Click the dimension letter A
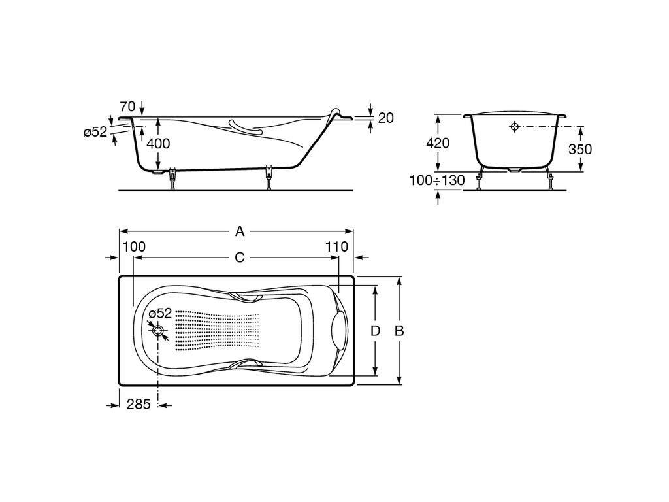click(x=240, y=231)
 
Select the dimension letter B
click(x=399, y=331)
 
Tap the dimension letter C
click(x=240, y=258)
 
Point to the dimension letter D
click(x=375, y=331)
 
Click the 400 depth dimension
click(x=158, y=143)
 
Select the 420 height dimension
click(x=438, y=142)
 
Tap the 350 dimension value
click(x=580, y=149)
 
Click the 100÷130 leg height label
click(x=437, y=180)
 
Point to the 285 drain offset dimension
click(x=139, y=404)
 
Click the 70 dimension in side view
click(x=127, y=107)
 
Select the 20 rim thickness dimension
click(x=385, y=118)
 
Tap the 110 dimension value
click(x=336, y=246)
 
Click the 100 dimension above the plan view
click(x=134, y=246)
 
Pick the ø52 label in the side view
click(x=95, y=132)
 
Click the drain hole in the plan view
click(x=159, y=331)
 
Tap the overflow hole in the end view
click(x=515, y=126)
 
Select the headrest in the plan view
click(x=339, y=331)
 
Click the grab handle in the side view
click(x=246, y=127)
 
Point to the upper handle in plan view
click(x=246, y=296)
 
